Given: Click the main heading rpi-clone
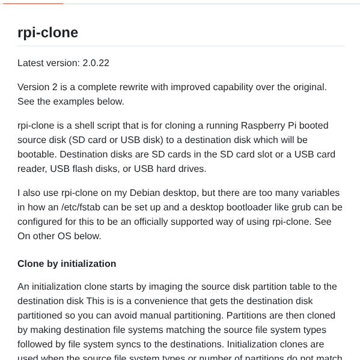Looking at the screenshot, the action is click(x=47, y=32).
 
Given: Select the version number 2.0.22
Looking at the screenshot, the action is click(x=96, y=63).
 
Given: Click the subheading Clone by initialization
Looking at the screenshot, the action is click(x=67, y=264).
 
